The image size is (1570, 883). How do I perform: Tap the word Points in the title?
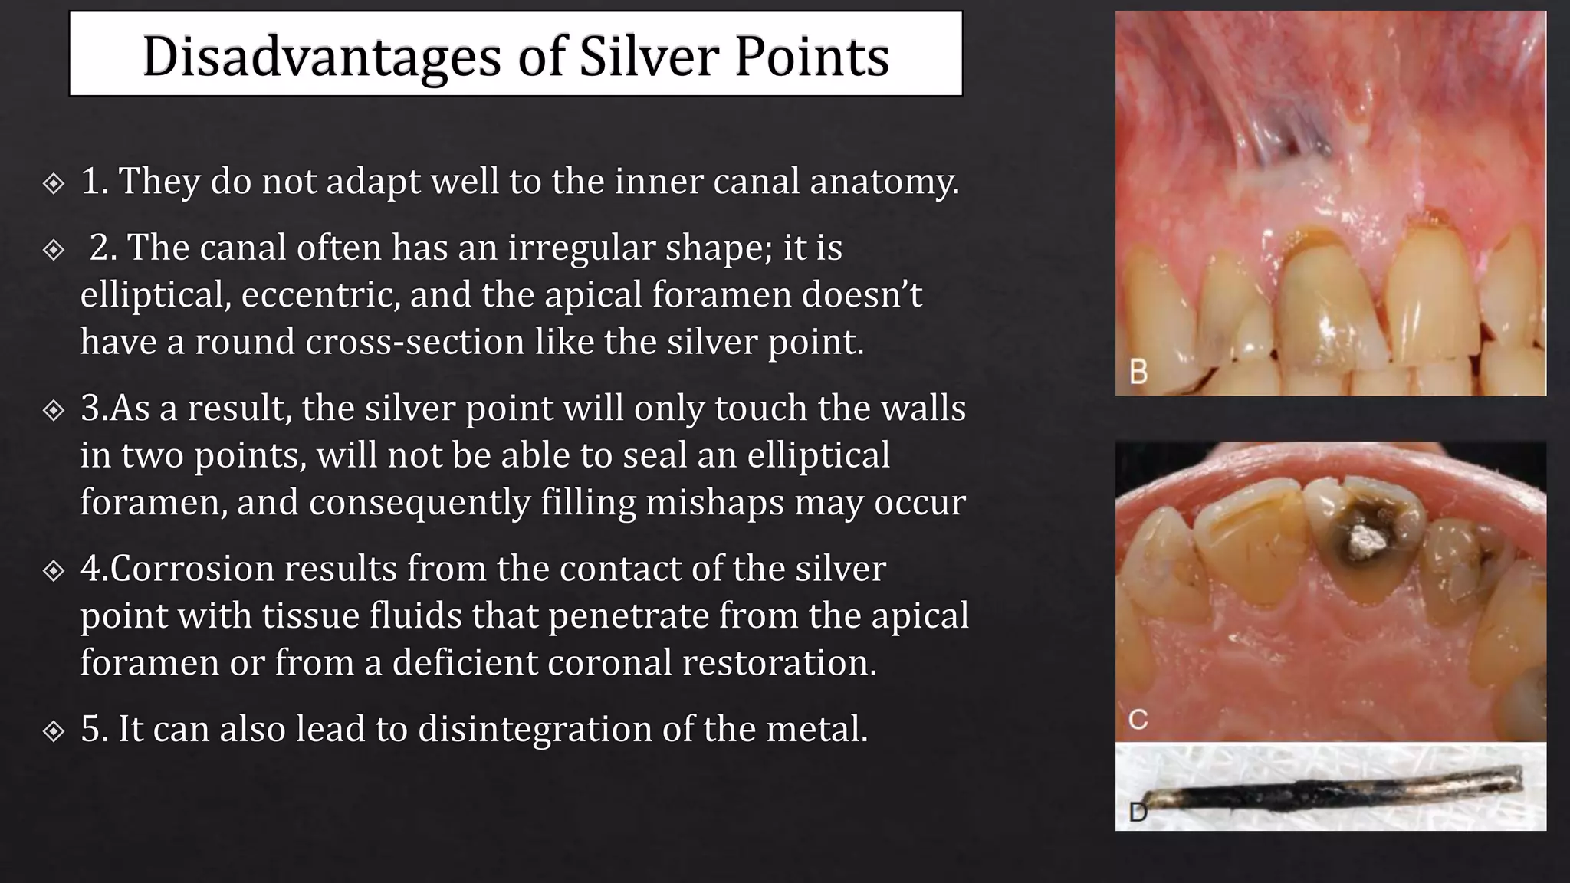812,57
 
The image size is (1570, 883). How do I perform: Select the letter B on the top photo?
1138,372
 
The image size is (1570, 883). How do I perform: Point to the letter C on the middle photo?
1138,719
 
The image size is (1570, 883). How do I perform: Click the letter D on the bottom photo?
1138,812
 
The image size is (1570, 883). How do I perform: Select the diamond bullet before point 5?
53,731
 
